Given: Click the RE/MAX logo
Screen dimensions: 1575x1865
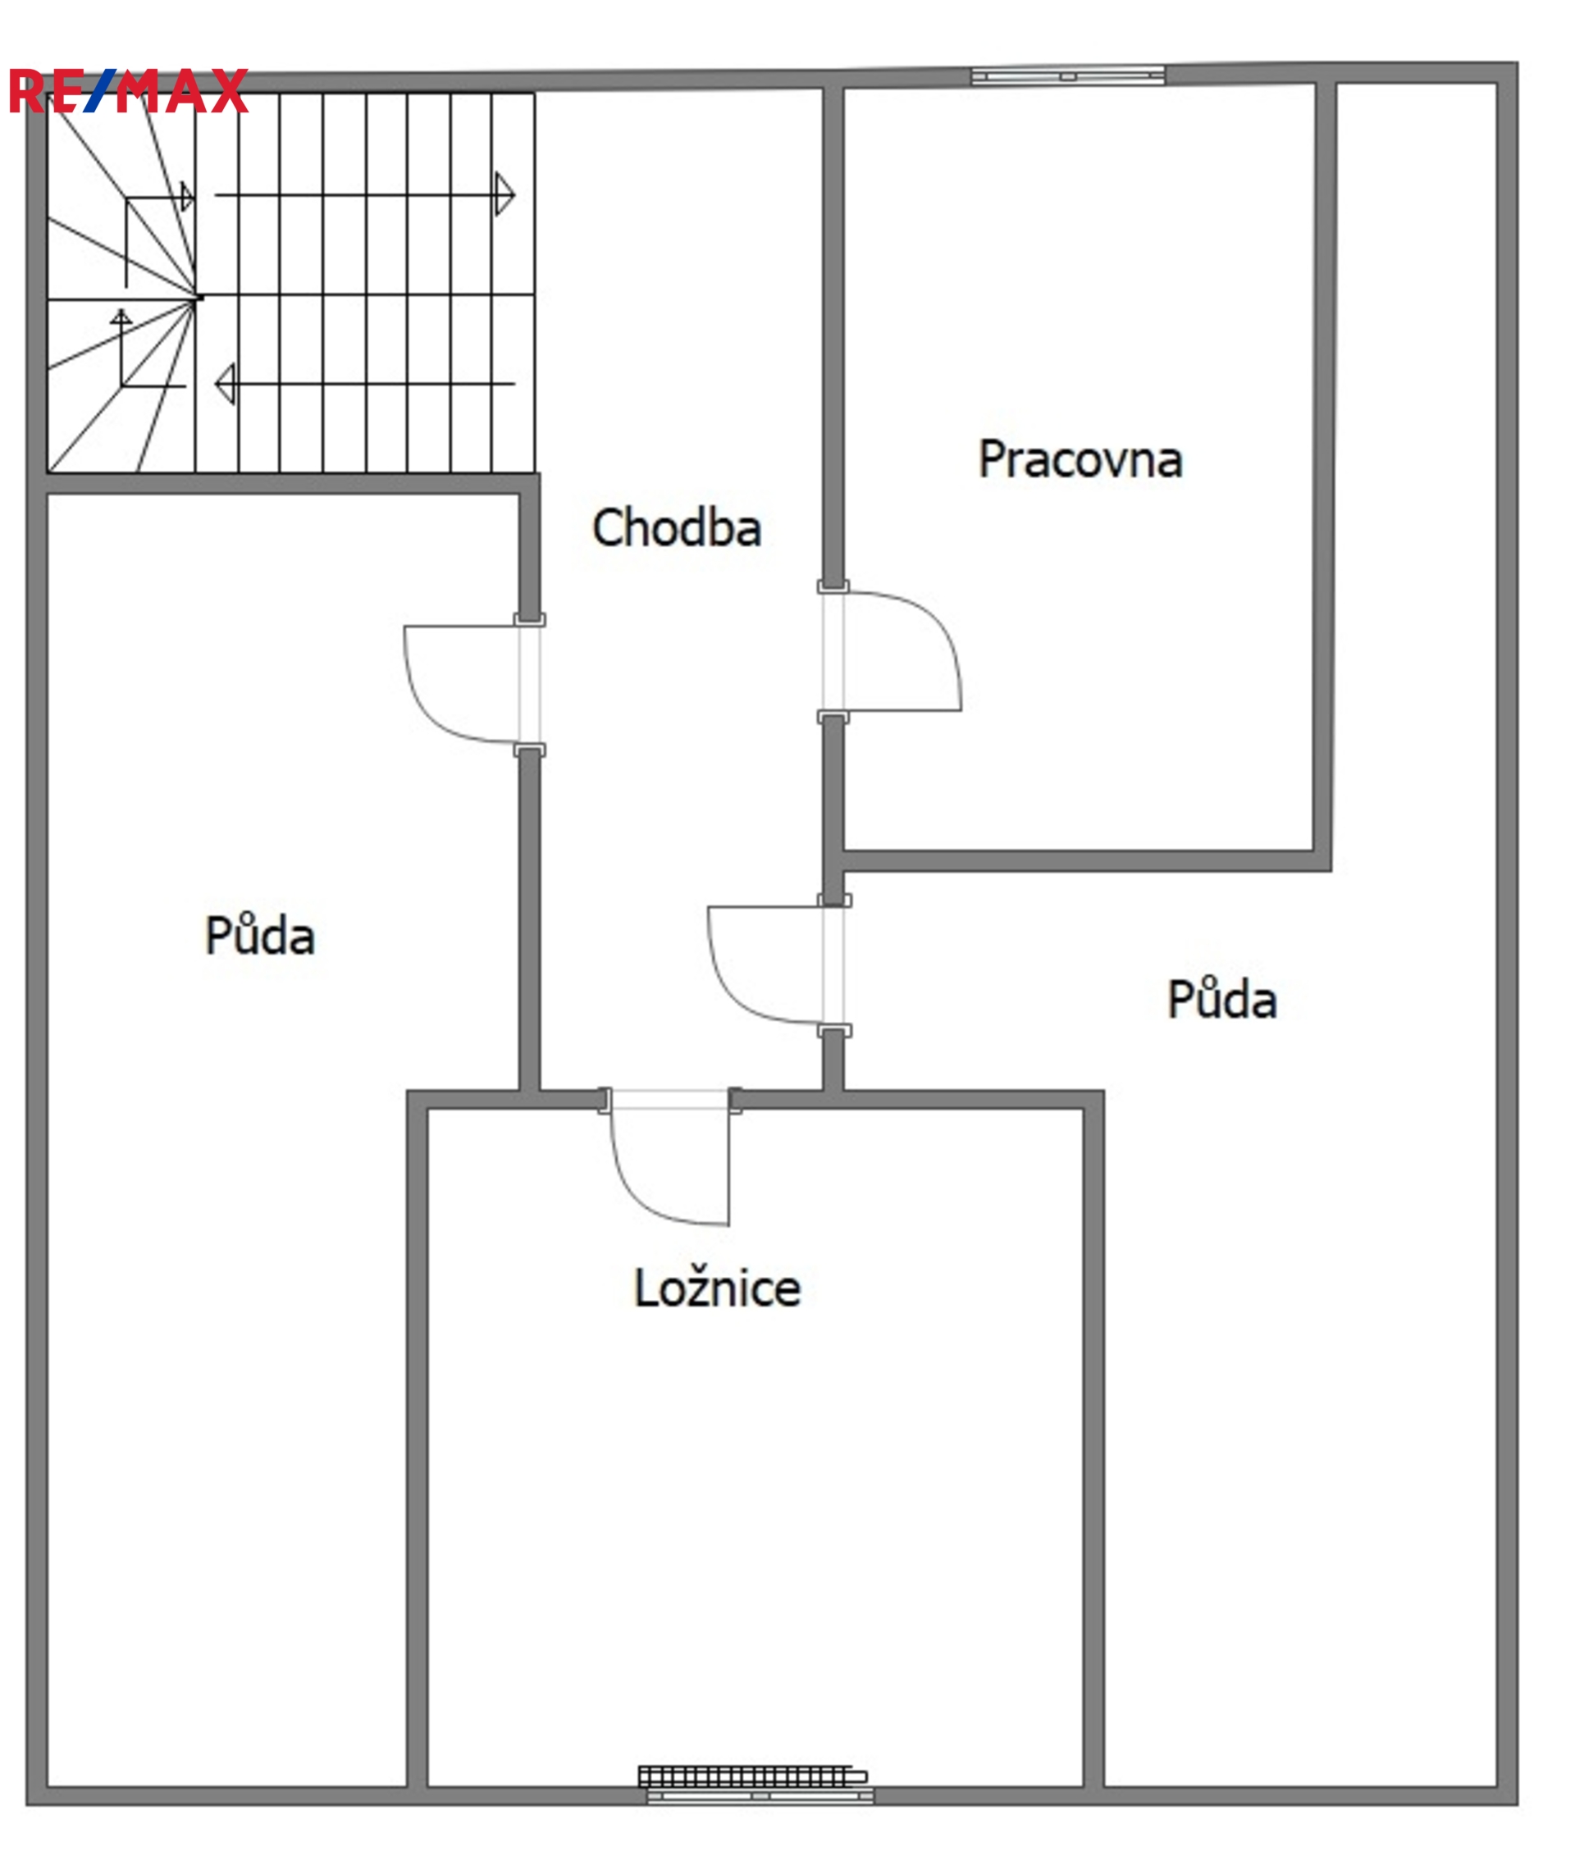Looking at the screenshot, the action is pyautogui.click(x=129, y=91).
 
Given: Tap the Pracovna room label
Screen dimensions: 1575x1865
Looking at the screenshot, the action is pyautogui.click(x=1080, y=460).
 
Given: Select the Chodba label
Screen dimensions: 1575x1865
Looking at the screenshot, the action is pyautogui.click(x=677, y=527).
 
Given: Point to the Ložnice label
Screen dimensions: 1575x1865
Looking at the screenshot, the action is pyautogui.click(x=717, y=1288).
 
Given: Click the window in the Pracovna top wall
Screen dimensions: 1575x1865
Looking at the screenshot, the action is pyautogui.click(x=1068, y=76).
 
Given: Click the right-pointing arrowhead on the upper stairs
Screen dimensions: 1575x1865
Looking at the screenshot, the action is pyautogui.click(x=505, y=194).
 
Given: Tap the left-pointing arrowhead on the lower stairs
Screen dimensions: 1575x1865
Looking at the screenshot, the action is pyautogui.click(x=225, y=384).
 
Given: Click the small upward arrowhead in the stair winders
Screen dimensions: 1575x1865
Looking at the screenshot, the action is pyautogui.click(x=121, y=316).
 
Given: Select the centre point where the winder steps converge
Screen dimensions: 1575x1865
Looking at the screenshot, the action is pyautogui.click(x=198, y=299).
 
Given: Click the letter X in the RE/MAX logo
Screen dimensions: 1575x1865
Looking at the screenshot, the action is pyautogui.click(x=229, y=91).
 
